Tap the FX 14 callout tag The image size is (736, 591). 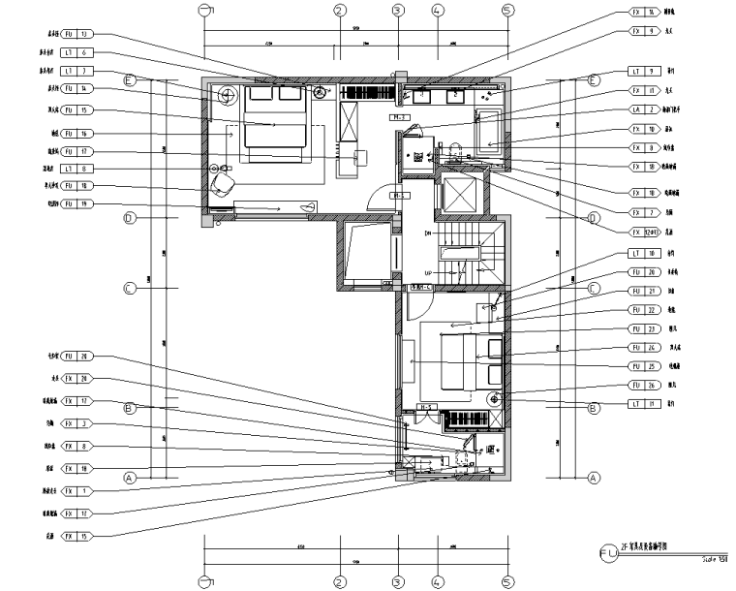point(645,13)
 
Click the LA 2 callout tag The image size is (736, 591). point(645,109)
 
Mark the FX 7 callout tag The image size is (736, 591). point(645,211)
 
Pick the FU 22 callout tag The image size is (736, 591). point(645,310)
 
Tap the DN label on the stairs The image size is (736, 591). point(426,233)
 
